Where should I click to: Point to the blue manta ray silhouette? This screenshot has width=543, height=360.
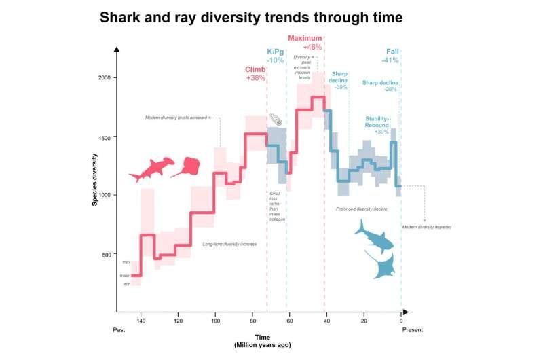tap(381, 264)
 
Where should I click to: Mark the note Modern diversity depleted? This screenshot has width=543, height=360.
tap(426, 226)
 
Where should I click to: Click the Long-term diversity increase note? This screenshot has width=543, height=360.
tap(229, 243)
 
